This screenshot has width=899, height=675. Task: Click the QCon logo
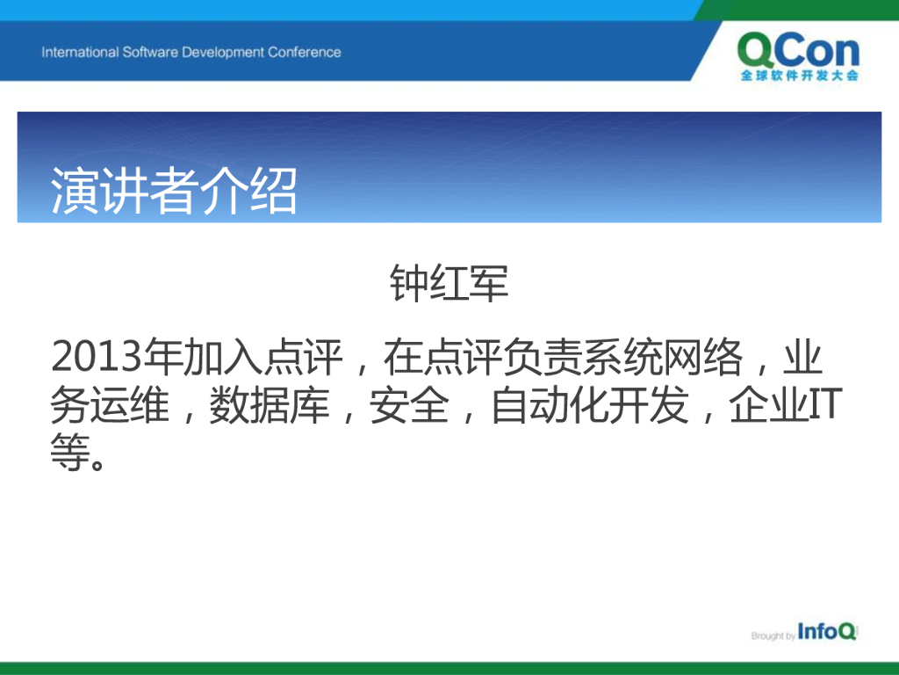click(x=799, y=56)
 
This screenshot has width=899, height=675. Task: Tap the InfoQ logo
click(x=827, y=631)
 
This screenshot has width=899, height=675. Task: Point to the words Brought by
click(x=773, y=635)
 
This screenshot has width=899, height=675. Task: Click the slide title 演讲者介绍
click(x=174, y=191)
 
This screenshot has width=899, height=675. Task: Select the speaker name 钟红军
click(x=449, y=283)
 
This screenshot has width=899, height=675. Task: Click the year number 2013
click(x=97, y=357)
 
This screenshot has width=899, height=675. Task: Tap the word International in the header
click(x=80, y=52)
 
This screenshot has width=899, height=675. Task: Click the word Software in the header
click(x=150, y=52)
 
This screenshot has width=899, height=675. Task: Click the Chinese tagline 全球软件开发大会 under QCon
click(x=799, y=76)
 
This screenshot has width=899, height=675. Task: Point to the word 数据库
click(x=270, y=405)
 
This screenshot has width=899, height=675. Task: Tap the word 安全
click(x=409, y=405)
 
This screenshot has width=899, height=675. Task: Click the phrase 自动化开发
click(x=591, y=405)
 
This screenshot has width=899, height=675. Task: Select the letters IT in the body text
click(x=826, y=405)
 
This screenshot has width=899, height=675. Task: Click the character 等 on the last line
click(x=70, y=453)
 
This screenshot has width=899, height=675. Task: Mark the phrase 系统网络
click(x=664, y=357)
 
